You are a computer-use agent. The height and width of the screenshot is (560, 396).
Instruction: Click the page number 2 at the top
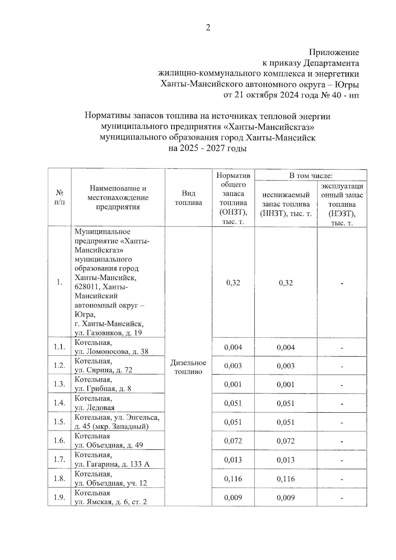click(x=208, y=28)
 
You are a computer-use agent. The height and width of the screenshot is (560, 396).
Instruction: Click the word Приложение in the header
click(x=334, y=52)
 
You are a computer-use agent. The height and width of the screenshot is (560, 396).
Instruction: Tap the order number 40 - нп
click(x=343, y=95)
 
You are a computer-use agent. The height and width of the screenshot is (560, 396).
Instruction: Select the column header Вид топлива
click(x=188, y=198)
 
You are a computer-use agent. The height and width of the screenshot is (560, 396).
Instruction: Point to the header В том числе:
click(x=311, y=176)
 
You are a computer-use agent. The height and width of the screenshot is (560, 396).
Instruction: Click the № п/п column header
click(x=59, y=197)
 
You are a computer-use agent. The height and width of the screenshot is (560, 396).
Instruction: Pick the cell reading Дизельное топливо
click(x=188, y=367)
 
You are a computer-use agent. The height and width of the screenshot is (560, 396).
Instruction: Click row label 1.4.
click(x=59, y=403)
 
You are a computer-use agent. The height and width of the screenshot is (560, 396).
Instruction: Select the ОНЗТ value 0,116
click(x=233, y=479)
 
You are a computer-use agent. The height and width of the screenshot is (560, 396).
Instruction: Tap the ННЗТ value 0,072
click(x=285, y=441)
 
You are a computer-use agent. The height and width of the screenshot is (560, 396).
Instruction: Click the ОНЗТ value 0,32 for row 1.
click(x=233, y=283)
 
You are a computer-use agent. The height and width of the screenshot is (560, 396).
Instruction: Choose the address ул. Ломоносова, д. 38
click(x=112, y=352)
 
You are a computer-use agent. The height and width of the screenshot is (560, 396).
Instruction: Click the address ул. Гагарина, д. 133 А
click(x=112, y=464)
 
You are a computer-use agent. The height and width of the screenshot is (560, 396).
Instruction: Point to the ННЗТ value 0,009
click(x=285, y=498)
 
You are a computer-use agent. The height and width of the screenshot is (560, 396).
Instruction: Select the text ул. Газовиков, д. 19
click(x=108, y=333)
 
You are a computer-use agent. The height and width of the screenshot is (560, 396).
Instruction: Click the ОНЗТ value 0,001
click(x=233, y=384)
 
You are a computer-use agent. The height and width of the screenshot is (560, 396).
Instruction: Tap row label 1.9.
click(x=59, y=498)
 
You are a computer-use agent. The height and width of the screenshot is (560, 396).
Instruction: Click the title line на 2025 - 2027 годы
click(x=208, y=148)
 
